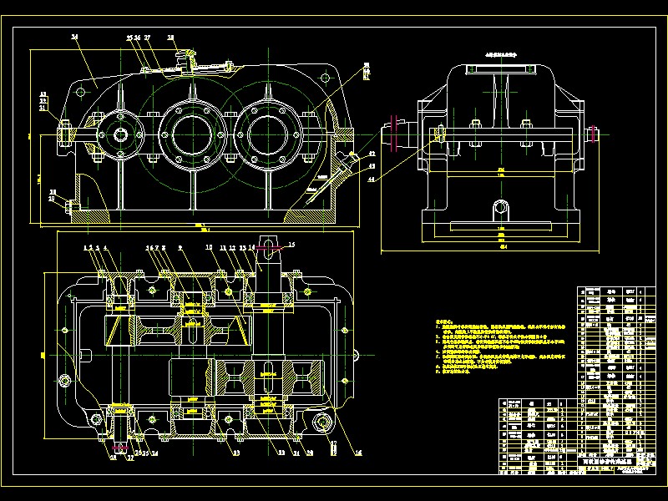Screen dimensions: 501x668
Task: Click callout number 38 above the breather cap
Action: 171,38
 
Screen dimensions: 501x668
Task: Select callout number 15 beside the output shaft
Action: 291,245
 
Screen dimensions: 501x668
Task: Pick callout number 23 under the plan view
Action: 236,453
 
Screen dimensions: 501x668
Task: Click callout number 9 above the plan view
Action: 180,248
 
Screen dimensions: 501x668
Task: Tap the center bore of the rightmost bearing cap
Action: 268,131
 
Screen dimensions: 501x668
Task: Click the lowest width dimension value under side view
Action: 503,247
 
